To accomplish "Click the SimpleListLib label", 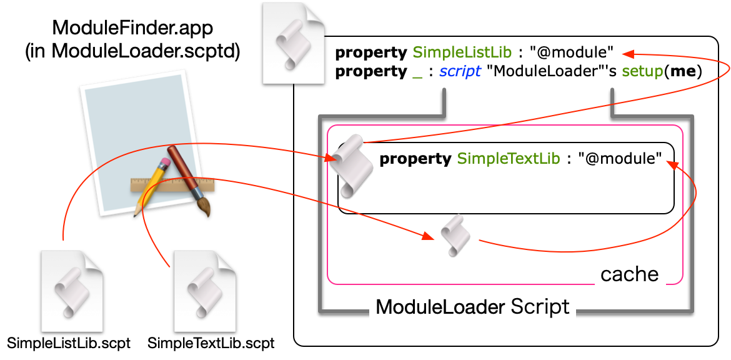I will [462, 52].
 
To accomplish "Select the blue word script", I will [460, 72].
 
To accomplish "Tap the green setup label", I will [642, 71].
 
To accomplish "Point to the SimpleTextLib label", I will [508, 159].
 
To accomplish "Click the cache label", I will [629, 275].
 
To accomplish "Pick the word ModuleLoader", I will [440, 307].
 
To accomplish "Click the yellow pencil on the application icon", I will [150, 184].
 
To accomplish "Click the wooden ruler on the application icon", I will [172, 185].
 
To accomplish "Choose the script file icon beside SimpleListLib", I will [293, 42].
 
